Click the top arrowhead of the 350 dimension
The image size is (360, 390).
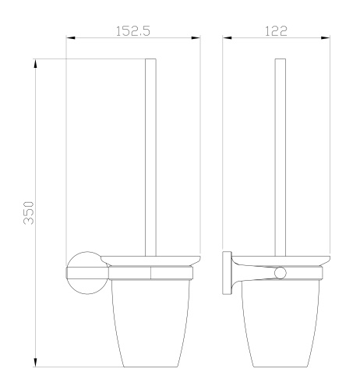tap(37, 62)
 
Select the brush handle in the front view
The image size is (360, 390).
tap(153, 156)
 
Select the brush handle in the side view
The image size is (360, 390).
tap(280, 156)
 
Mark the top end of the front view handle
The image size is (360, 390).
tap(153, 59)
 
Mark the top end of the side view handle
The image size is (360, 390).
tap(280, 59)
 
